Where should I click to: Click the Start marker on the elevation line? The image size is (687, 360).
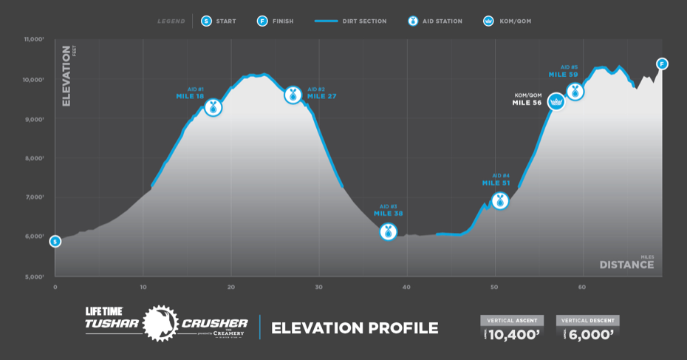[55, 241]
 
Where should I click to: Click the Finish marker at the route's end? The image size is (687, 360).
[662, 64]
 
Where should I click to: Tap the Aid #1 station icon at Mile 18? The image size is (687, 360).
[213, 108]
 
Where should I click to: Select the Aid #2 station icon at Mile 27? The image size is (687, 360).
[293, 95]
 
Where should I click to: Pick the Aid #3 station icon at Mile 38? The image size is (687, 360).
[388, 231]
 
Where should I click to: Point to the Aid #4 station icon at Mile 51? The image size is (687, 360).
[500, 200]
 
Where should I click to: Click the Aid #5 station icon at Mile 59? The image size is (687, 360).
[575, 92]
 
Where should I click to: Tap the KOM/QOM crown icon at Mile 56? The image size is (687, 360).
[556, 102]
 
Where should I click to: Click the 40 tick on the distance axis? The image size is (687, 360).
[406, 287]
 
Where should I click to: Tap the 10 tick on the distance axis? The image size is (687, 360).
[143, 287]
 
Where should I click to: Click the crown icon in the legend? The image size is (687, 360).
[488, 21]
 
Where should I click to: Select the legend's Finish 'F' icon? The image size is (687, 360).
[262, 21]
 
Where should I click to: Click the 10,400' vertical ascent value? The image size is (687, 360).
[516, 334]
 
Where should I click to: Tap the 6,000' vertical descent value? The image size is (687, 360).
[592, 334]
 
